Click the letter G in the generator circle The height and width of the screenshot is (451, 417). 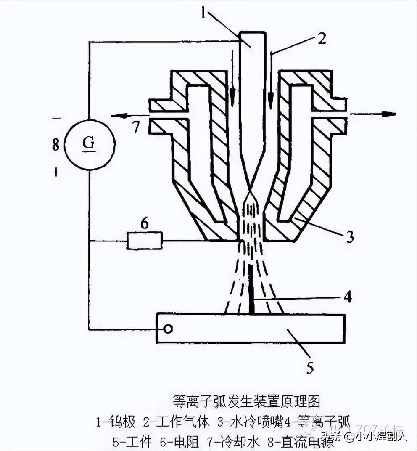pyautogui.click(x=88, y=143)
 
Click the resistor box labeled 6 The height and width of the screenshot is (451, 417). pyautogui.click(x=144, y=241)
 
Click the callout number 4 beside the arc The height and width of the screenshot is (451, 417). pyautogui.click(x=347, y=297)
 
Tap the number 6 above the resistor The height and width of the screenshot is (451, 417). pyautogui.click(x=144, y=224)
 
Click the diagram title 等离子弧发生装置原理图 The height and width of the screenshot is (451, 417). pyautogui.click(x=247, y=401)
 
